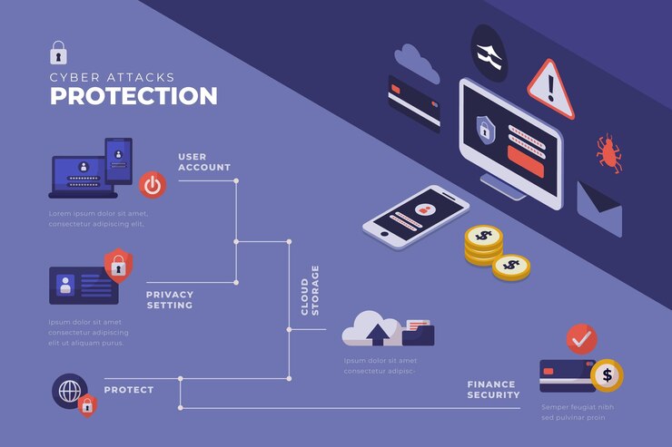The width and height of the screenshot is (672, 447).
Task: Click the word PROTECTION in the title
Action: (x=133, y=96)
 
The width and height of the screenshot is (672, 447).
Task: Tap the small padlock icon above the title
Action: (x=58, y=52)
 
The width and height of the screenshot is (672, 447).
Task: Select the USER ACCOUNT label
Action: (x=203, y=162)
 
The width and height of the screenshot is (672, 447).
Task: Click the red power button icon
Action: (x=152, y=185)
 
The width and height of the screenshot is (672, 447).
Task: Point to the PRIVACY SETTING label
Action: (x=170, y=299)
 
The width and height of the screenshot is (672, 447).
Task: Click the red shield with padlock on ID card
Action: (x=117, y=265)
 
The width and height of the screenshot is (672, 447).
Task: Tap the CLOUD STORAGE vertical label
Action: (x=310, y=290)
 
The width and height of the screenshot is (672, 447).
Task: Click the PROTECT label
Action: (x=129, y=390)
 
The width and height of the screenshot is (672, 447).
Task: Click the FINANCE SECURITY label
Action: (x=493, y=390)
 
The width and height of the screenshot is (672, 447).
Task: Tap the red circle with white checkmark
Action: (x=581, y=339)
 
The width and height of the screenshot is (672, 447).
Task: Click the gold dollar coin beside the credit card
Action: (x=607, y=374)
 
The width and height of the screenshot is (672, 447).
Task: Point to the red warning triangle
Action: (x=552, y=88)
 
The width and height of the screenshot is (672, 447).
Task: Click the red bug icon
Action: (x=608, y=153)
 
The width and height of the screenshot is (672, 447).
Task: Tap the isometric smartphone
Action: (x=416, y=218)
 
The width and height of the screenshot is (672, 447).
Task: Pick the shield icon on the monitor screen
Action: (x=485, y=129)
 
